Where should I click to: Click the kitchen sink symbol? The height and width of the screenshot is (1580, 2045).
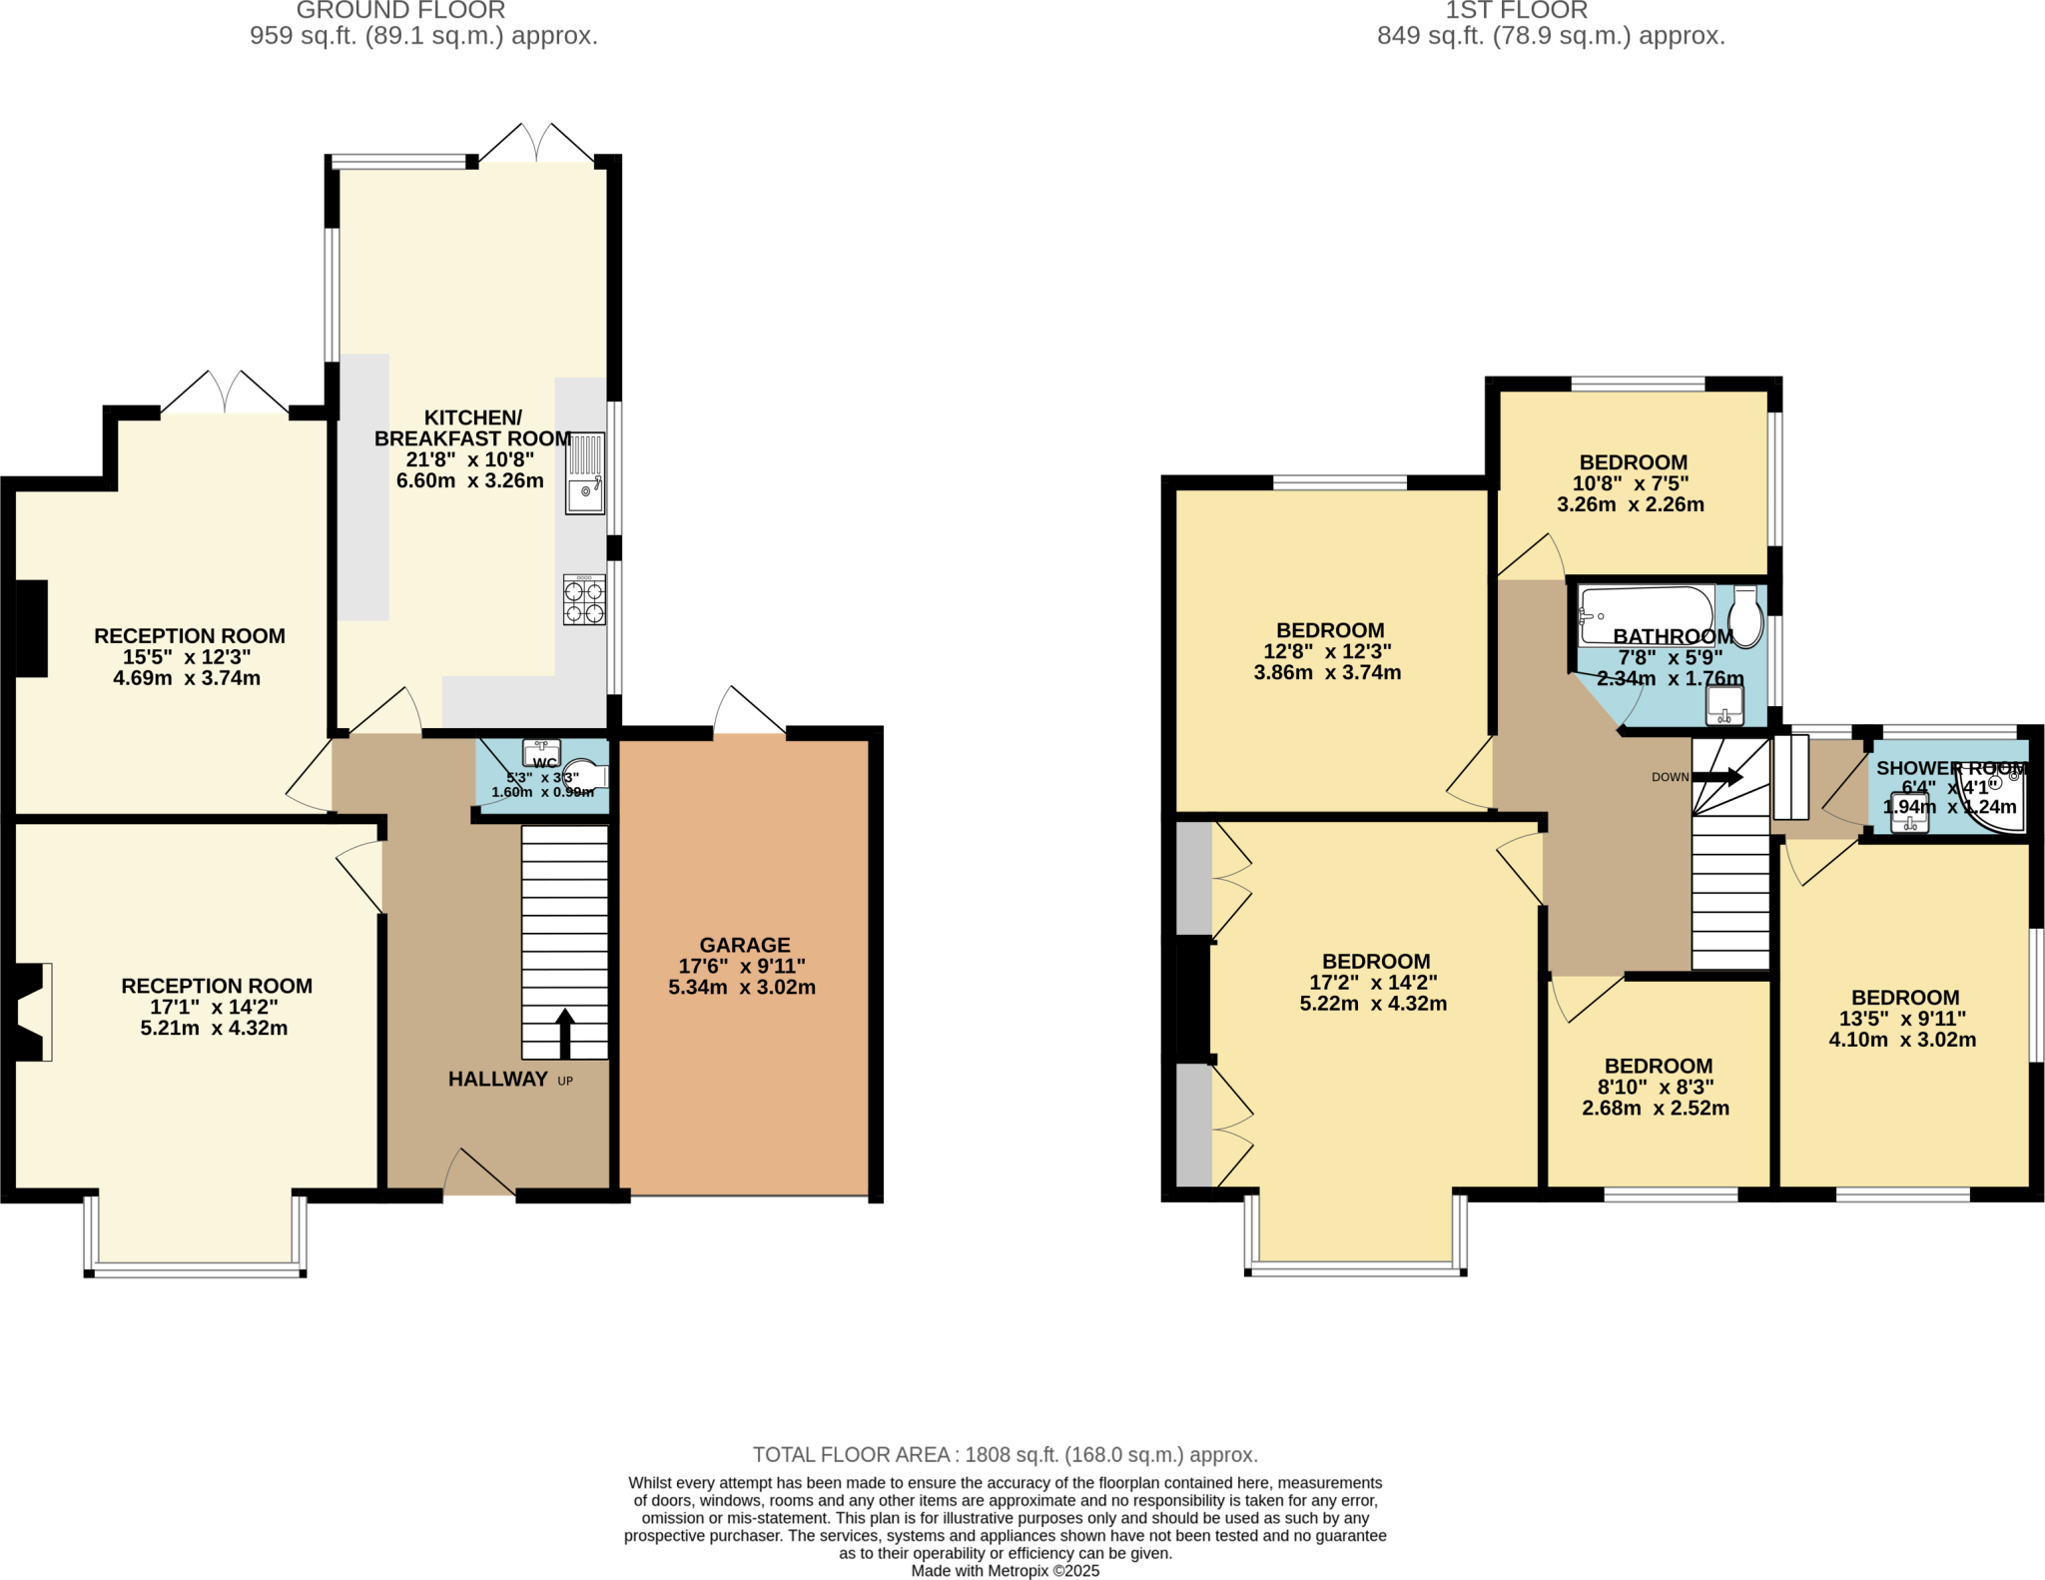click(x=585, y=473)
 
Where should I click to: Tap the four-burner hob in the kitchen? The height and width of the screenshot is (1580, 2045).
click(x=584, y=599)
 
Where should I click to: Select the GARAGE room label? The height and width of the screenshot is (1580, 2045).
click(x=744, y=945)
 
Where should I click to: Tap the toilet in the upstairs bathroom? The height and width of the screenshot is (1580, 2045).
click(x=1744, y=617)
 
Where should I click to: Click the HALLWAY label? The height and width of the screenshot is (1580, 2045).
click(x=497, y=1079)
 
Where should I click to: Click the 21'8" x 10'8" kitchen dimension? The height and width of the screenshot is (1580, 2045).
click(x=469, y=459)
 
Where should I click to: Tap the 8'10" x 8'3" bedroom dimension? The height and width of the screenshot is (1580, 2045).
click(x=1656, y=1087)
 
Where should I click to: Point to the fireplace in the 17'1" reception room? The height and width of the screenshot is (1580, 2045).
click(x=30, y=1012)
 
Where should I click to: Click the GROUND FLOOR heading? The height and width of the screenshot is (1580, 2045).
click(x=400, y=11)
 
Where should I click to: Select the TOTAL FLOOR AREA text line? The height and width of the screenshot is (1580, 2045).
click(x=1005, y=1454)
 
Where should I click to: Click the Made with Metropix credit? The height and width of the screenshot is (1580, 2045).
click(x=1005, y=1571)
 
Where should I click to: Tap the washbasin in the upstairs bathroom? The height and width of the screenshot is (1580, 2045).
click(x=1724, y=705)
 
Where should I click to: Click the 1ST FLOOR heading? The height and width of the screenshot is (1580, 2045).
click(x=1516, y=11)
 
